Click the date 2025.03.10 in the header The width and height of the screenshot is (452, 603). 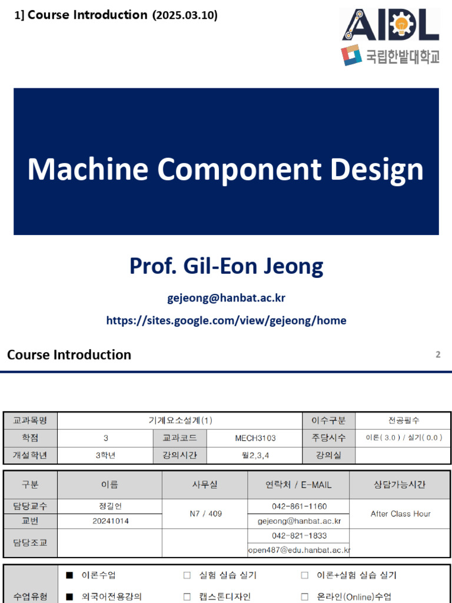coord(185,16)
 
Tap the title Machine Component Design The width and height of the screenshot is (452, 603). coord(225,169)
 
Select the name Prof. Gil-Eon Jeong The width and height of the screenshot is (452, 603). coord(226,266)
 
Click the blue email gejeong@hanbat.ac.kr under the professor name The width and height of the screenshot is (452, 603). coord(226,298)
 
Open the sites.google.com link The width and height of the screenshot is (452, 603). coord(226,320)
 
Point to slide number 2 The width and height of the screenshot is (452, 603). coord(438,354)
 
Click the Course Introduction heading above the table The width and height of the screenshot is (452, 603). coord(69,354)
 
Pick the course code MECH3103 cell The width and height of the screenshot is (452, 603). coord(255,438)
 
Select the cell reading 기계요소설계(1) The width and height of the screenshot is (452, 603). coord(180,420)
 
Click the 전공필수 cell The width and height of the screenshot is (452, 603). coord(403,420)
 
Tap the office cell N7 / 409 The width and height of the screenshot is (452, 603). coord(205,513)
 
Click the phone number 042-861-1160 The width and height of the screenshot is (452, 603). coord(299,506)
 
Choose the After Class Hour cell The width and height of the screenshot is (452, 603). coord(400,513)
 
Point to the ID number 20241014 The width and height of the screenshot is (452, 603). coord(111,521)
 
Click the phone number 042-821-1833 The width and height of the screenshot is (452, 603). coord(299,536)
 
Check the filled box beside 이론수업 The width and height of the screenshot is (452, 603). coord(69,575)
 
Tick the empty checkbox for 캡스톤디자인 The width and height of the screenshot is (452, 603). coord(187,597)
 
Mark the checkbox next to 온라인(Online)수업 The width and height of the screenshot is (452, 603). coord(305,597)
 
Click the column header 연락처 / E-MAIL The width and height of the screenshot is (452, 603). coord(298,485)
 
